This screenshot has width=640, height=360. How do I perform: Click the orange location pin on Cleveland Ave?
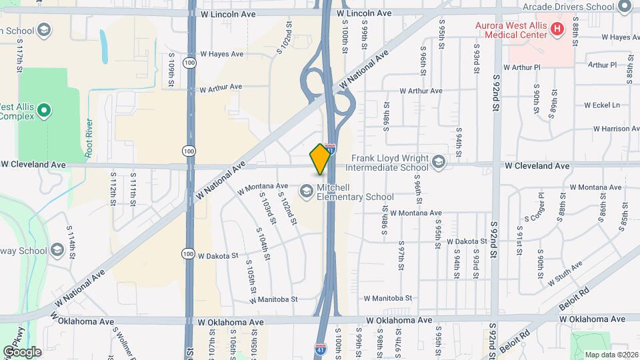(321, 158)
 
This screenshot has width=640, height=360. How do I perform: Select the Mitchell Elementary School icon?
(306, 191)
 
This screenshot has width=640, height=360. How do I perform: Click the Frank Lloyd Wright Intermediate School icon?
(438, 161)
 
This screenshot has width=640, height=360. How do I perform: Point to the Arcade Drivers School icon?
(625, 7)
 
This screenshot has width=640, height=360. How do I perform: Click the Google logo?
(22, 351)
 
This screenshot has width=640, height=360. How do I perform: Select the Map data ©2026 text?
(611, 355)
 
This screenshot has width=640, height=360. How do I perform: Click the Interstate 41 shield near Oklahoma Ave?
(321, 348)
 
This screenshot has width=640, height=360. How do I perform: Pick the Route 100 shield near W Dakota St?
(190, 254)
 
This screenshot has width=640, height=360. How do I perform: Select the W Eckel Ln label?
(602, 105)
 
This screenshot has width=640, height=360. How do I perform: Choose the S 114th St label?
(71, 237)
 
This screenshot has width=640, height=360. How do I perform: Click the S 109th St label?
(171, 69)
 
